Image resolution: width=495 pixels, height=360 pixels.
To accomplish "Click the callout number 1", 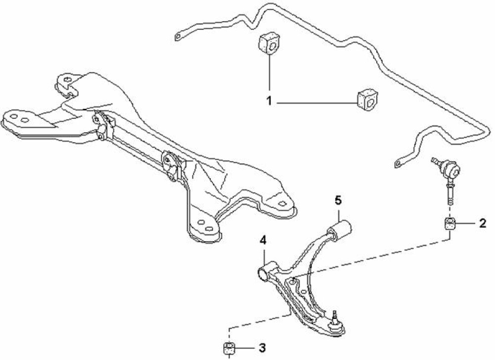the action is (x=269, y=102).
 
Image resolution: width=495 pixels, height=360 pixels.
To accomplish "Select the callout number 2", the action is (x=483, y=224).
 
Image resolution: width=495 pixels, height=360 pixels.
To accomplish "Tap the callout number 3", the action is (x=262, y=348).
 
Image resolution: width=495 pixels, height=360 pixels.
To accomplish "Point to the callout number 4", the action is (x=263, y=241).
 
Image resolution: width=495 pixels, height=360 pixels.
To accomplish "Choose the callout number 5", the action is (x=338, y=200).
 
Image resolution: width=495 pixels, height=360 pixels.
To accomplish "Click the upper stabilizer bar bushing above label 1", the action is (x=269, y=43).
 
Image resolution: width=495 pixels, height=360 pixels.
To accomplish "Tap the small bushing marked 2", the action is (x=450, y=224).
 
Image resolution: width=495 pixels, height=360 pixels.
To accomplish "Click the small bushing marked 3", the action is (x=229, y=348).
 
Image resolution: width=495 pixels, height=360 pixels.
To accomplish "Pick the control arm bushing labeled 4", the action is (x=267, y=272).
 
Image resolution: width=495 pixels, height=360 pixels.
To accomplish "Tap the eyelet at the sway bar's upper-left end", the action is (x=178, y=37).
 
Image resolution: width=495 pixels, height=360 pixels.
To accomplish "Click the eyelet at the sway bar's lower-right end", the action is (x=398, y=163).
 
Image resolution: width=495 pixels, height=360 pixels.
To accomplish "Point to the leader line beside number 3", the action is (x=245, y=348).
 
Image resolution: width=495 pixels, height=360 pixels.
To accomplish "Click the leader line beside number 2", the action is (x=466, y=224).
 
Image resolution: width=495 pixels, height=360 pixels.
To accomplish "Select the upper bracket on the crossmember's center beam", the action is (x=101, y=126).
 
